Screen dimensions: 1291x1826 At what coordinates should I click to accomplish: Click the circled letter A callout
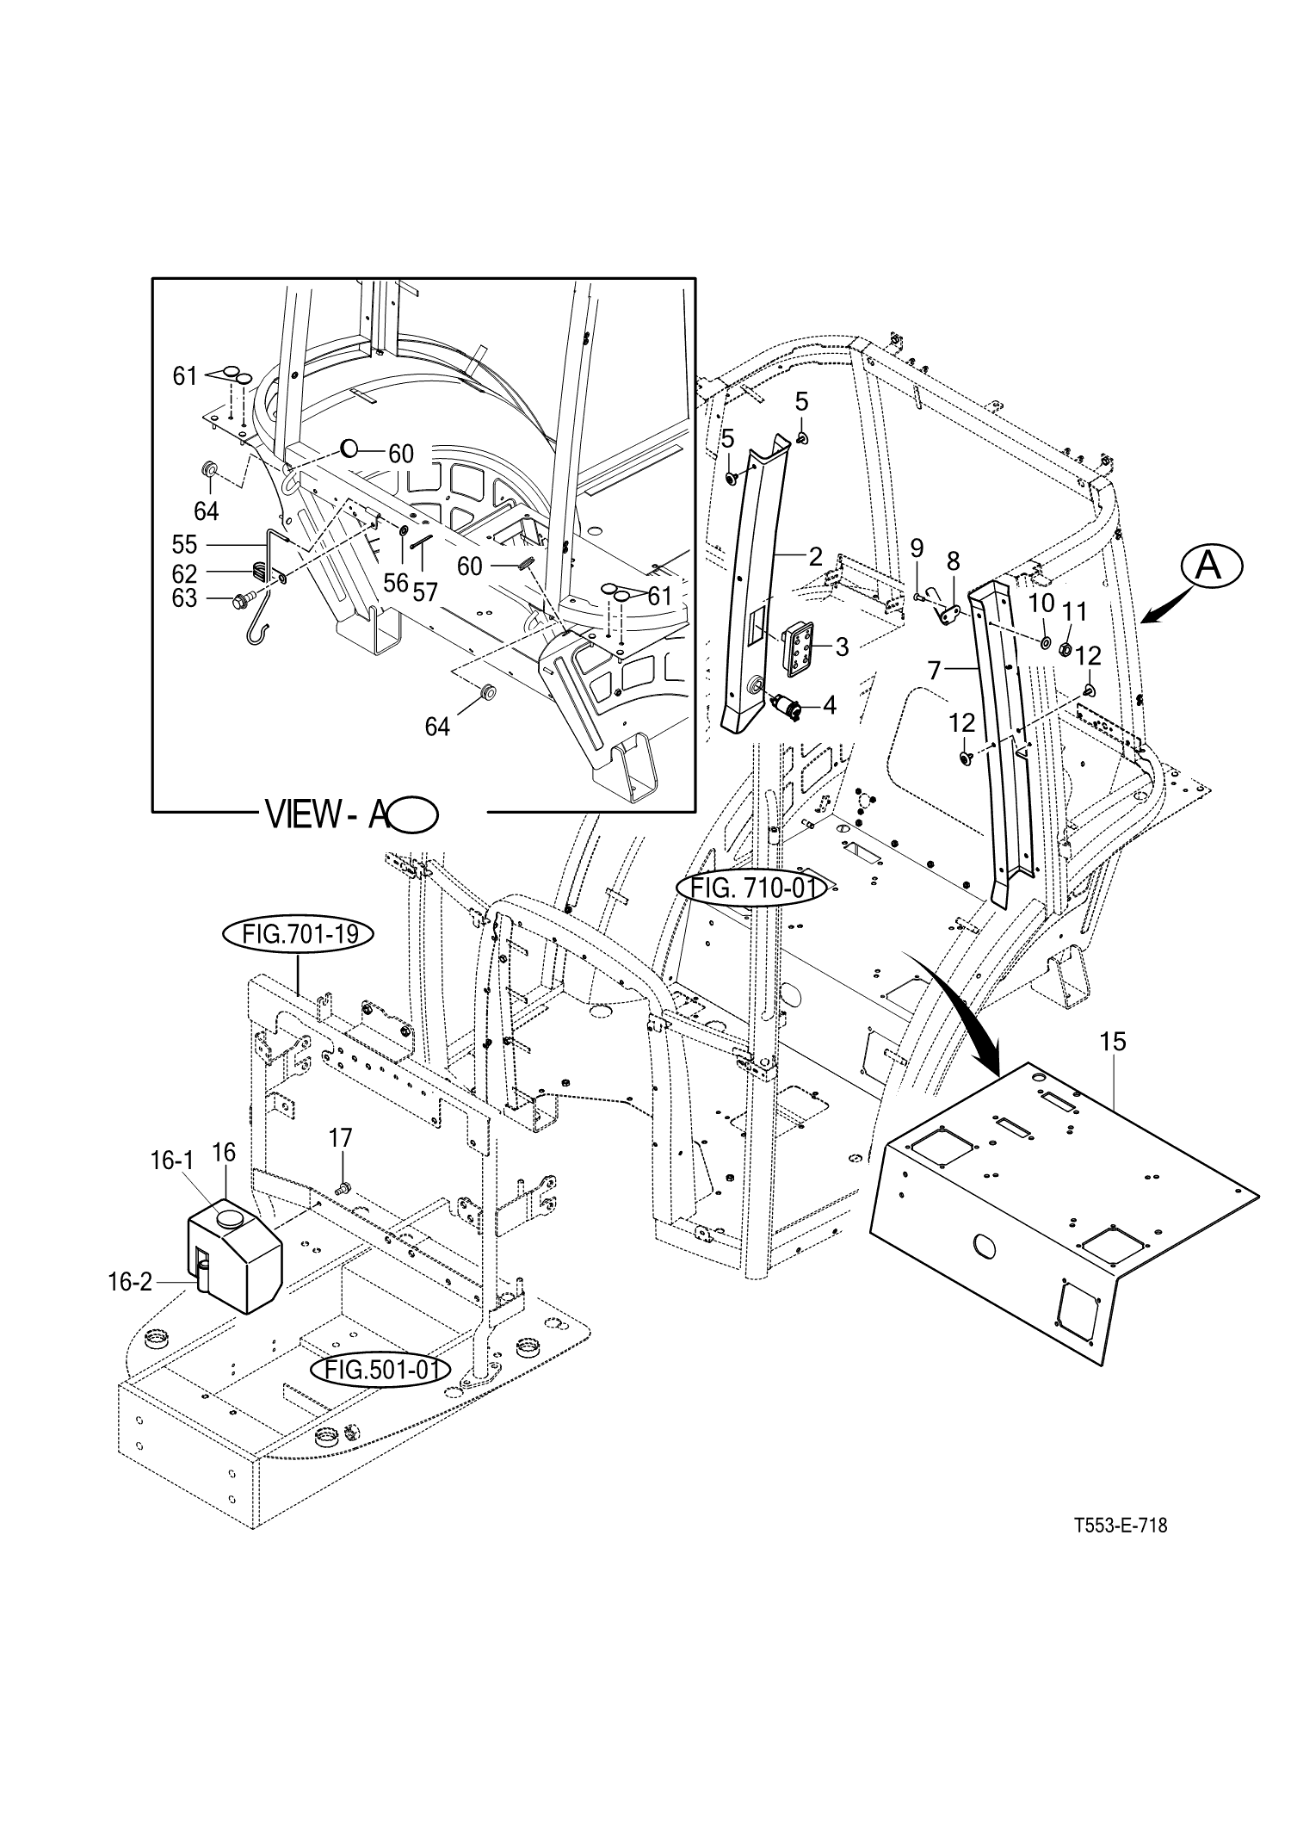1211,566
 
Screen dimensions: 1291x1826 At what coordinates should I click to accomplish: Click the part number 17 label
341,1138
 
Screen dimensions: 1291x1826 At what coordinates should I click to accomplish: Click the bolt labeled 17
344,1189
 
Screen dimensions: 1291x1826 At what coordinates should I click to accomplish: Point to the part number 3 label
842,647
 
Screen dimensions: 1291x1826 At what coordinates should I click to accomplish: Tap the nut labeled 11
1065,650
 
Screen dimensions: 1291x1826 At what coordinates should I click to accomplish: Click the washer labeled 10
1046,642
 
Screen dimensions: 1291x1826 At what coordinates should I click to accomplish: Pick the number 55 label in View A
185,545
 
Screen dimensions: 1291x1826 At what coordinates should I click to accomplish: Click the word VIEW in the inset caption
303,814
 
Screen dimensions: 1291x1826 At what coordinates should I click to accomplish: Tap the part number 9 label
917,548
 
